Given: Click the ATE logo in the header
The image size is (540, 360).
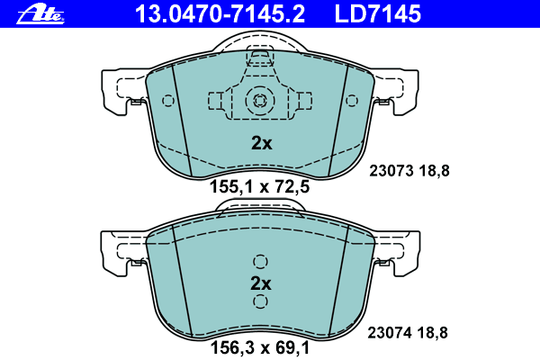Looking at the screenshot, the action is (40, 14).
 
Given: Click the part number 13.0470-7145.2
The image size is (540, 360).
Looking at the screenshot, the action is (220, 14).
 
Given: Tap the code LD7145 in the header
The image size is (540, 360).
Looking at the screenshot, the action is (378, 14).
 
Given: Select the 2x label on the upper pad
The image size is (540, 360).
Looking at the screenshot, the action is (261, 143).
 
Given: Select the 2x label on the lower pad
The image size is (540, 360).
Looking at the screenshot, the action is (261, 283).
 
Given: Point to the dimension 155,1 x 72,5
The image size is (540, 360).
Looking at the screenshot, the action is (260, 187).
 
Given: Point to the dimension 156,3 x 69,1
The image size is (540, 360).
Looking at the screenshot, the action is (260, 348).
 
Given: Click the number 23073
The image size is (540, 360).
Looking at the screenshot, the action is (391, 171).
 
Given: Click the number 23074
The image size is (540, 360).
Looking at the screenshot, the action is (390, 333).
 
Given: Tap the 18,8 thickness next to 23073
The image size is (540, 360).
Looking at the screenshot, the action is (435, 171).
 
